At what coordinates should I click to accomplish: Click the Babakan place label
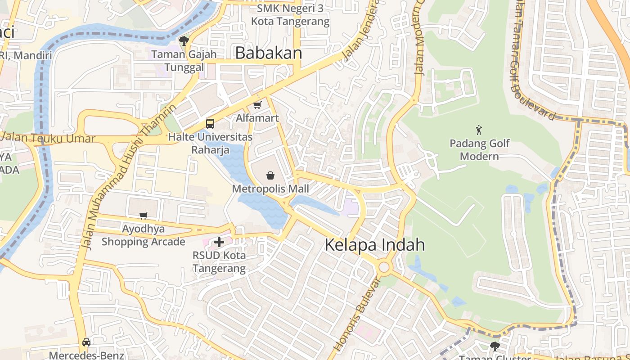[x=269, y=53]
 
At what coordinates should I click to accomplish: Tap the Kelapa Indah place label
[x=374, y=245]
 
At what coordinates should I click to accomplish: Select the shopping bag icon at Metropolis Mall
[x=270, y=175]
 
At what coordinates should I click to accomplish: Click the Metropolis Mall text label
[x=270, y=189]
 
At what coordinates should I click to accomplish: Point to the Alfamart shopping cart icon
[x=257, y=105]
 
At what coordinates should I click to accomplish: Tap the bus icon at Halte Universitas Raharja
[x=210, y=123]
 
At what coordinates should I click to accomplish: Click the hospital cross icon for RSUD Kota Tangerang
[x=219, y=243]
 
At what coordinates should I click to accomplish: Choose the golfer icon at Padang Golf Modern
[x=479, y=130]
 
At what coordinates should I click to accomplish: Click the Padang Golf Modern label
[x=480, y=150]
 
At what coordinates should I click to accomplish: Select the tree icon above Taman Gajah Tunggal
[x=184, y=41]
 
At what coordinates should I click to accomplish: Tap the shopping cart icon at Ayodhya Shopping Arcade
[x=143, y=216]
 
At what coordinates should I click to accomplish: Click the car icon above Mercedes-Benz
[x=86, y=342]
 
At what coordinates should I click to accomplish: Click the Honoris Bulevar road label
[x=358, y=315]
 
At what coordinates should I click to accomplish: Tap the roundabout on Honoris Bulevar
[x=384, y=267]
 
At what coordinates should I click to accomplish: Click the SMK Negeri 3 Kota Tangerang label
[x=290, y=15]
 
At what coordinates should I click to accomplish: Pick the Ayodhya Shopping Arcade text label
[x=143, y=235]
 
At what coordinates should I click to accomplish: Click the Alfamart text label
[x=257, y=118]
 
